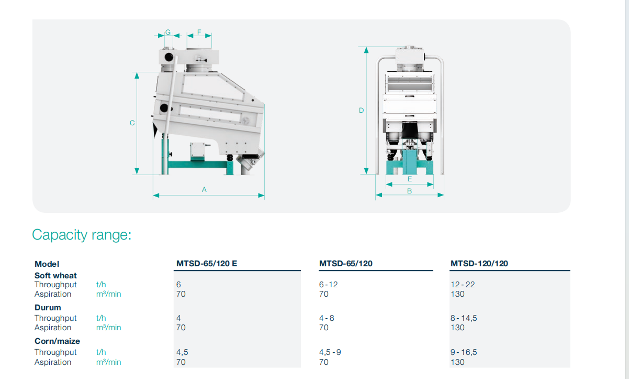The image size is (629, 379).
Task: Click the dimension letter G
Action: tap(168, 32)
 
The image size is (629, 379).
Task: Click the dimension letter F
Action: tap(199, 32)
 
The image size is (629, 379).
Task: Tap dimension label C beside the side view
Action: tap(132, 123)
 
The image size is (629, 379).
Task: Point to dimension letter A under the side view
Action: tap(204, 190)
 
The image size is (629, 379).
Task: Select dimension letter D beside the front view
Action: tap(362, 110)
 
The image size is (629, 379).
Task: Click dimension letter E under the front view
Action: tap(410, 179)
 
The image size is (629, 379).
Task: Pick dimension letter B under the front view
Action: tap(409, 191)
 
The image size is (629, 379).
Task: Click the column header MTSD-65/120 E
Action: tap(207, 263)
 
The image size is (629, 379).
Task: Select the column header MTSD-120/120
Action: tap(479, 263)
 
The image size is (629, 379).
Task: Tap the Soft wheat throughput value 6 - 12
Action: tap(328, 285)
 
